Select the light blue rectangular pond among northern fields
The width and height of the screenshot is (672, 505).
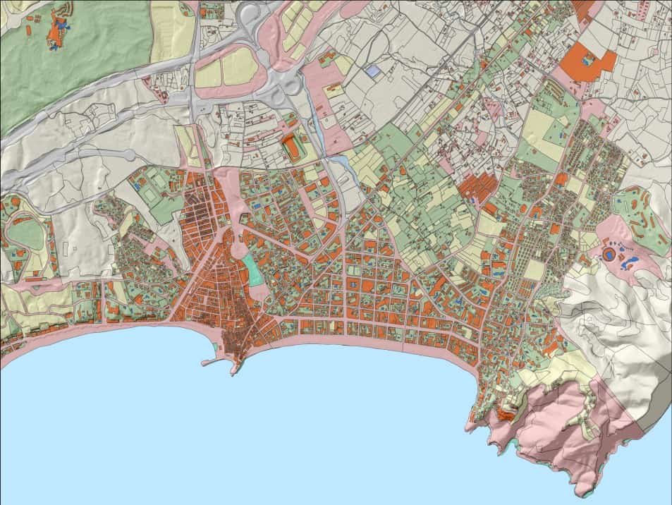[372, 72]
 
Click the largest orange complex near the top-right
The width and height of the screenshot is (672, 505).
[591, 59]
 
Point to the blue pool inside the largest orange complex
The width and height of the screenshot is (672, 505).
[587, 61]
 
